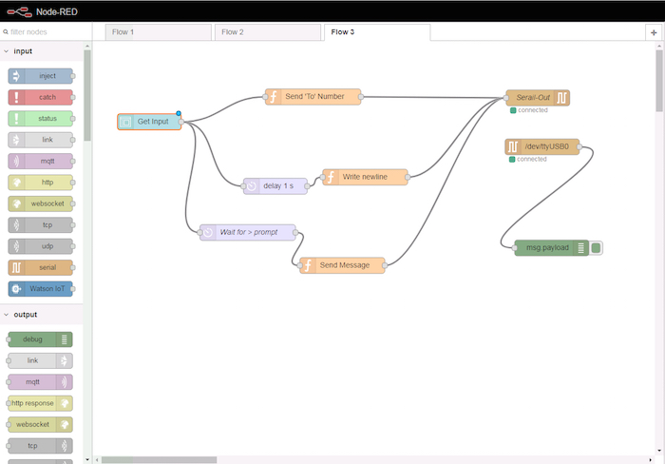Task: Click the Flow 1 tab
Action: click(159, 32)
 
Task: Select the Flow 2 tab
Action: click(268, 32)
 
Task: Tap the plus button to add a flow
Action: click(654, 32)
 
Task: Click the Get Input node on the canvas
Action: click(149, 122)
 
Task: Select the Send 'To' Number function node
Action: click(313, 97)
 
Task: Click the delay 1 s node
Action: click(275, 186)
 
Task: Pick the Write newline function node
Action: click(365, 177)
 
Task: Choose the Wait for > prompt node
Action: click(248, 232)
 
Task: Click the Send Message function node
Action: click(342, 265)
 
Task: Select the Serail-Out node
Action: click(538, 98)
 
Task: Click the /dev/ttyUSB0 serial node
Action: click(542, 146)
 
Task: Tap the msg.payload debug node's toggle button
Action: click(596, 248)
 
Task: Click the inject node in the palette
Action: click(40, 76)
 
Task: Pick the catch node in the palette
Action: click(40, 97)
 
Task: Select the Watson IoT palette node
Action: click(40, 289)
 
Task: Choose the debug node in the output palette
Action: click(40, 339)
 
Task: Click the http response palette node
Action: click(40, 403)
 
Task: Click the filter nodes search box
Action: click(46, 31)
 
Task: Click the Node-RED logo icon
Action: click(20, 12)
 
